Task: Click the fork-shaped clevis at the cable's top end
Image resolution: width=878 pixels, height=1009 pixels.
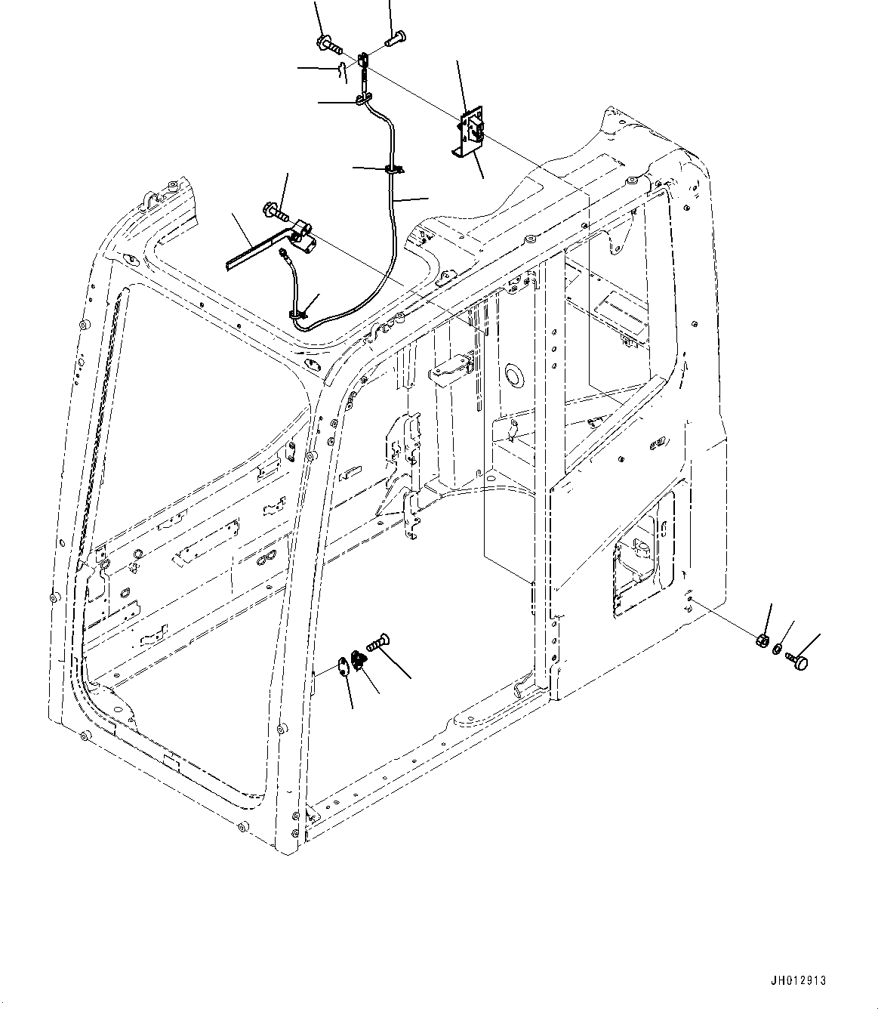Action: pos(364,60)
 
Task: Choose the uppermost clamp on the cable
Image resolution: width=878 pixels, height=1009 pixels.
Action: pos(364,98)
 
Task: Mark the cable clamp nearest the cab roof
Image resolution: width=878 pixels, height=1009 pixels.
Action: pos(297,312)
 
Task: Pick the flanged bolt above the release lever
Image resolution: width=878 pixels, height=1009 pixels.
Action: pos(275,210)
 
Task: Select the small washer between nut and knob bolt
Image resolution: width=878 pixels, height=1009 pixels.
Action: pos(778,649)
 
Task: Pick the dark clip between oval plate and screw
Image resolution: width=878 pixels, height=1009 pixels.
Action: pos(360,662)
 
